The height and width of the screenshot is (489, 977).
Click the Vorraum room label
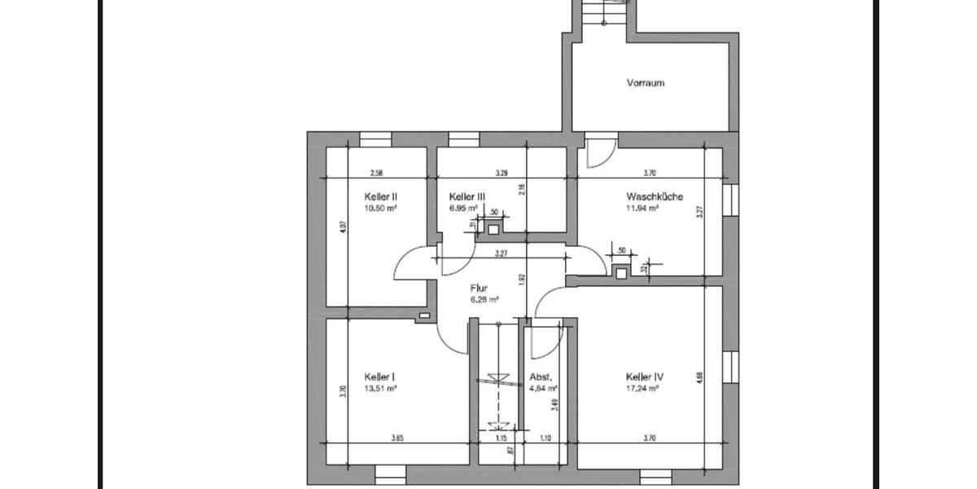pos(646,83)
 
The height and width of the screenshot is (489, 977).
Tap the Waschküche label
pos(655,196)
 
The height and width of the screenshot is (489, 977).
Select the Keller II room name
pos(380,196)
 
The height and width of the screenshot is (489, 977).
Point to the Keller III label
pos(467,196)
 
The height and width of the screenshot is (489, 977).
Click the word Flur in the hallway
pos(479,289)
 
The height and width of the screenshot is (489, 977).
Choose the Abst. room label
pos(541,377)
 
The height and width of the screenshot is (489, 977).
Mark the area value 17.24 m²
pos(642,389)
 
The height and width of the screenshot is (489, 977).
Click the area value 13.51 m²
pos(380,389)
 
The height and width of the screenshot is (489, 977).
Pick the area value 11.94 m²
pos(642,208)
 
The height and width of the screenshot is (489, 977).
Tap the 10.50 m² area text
pos(380,208)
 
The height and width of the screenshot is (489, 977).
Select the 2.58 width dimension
pos(377,173)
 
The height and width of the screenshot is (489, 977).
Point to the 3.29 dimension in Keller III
pos(502,173)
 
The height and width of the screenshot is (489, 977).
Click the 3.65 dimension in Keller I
pos(397,438)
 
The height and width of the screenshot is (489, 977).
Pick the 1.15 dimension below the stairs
pos(501,438)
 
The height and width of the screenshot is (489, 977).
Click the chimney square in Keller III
pos(493,229)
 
